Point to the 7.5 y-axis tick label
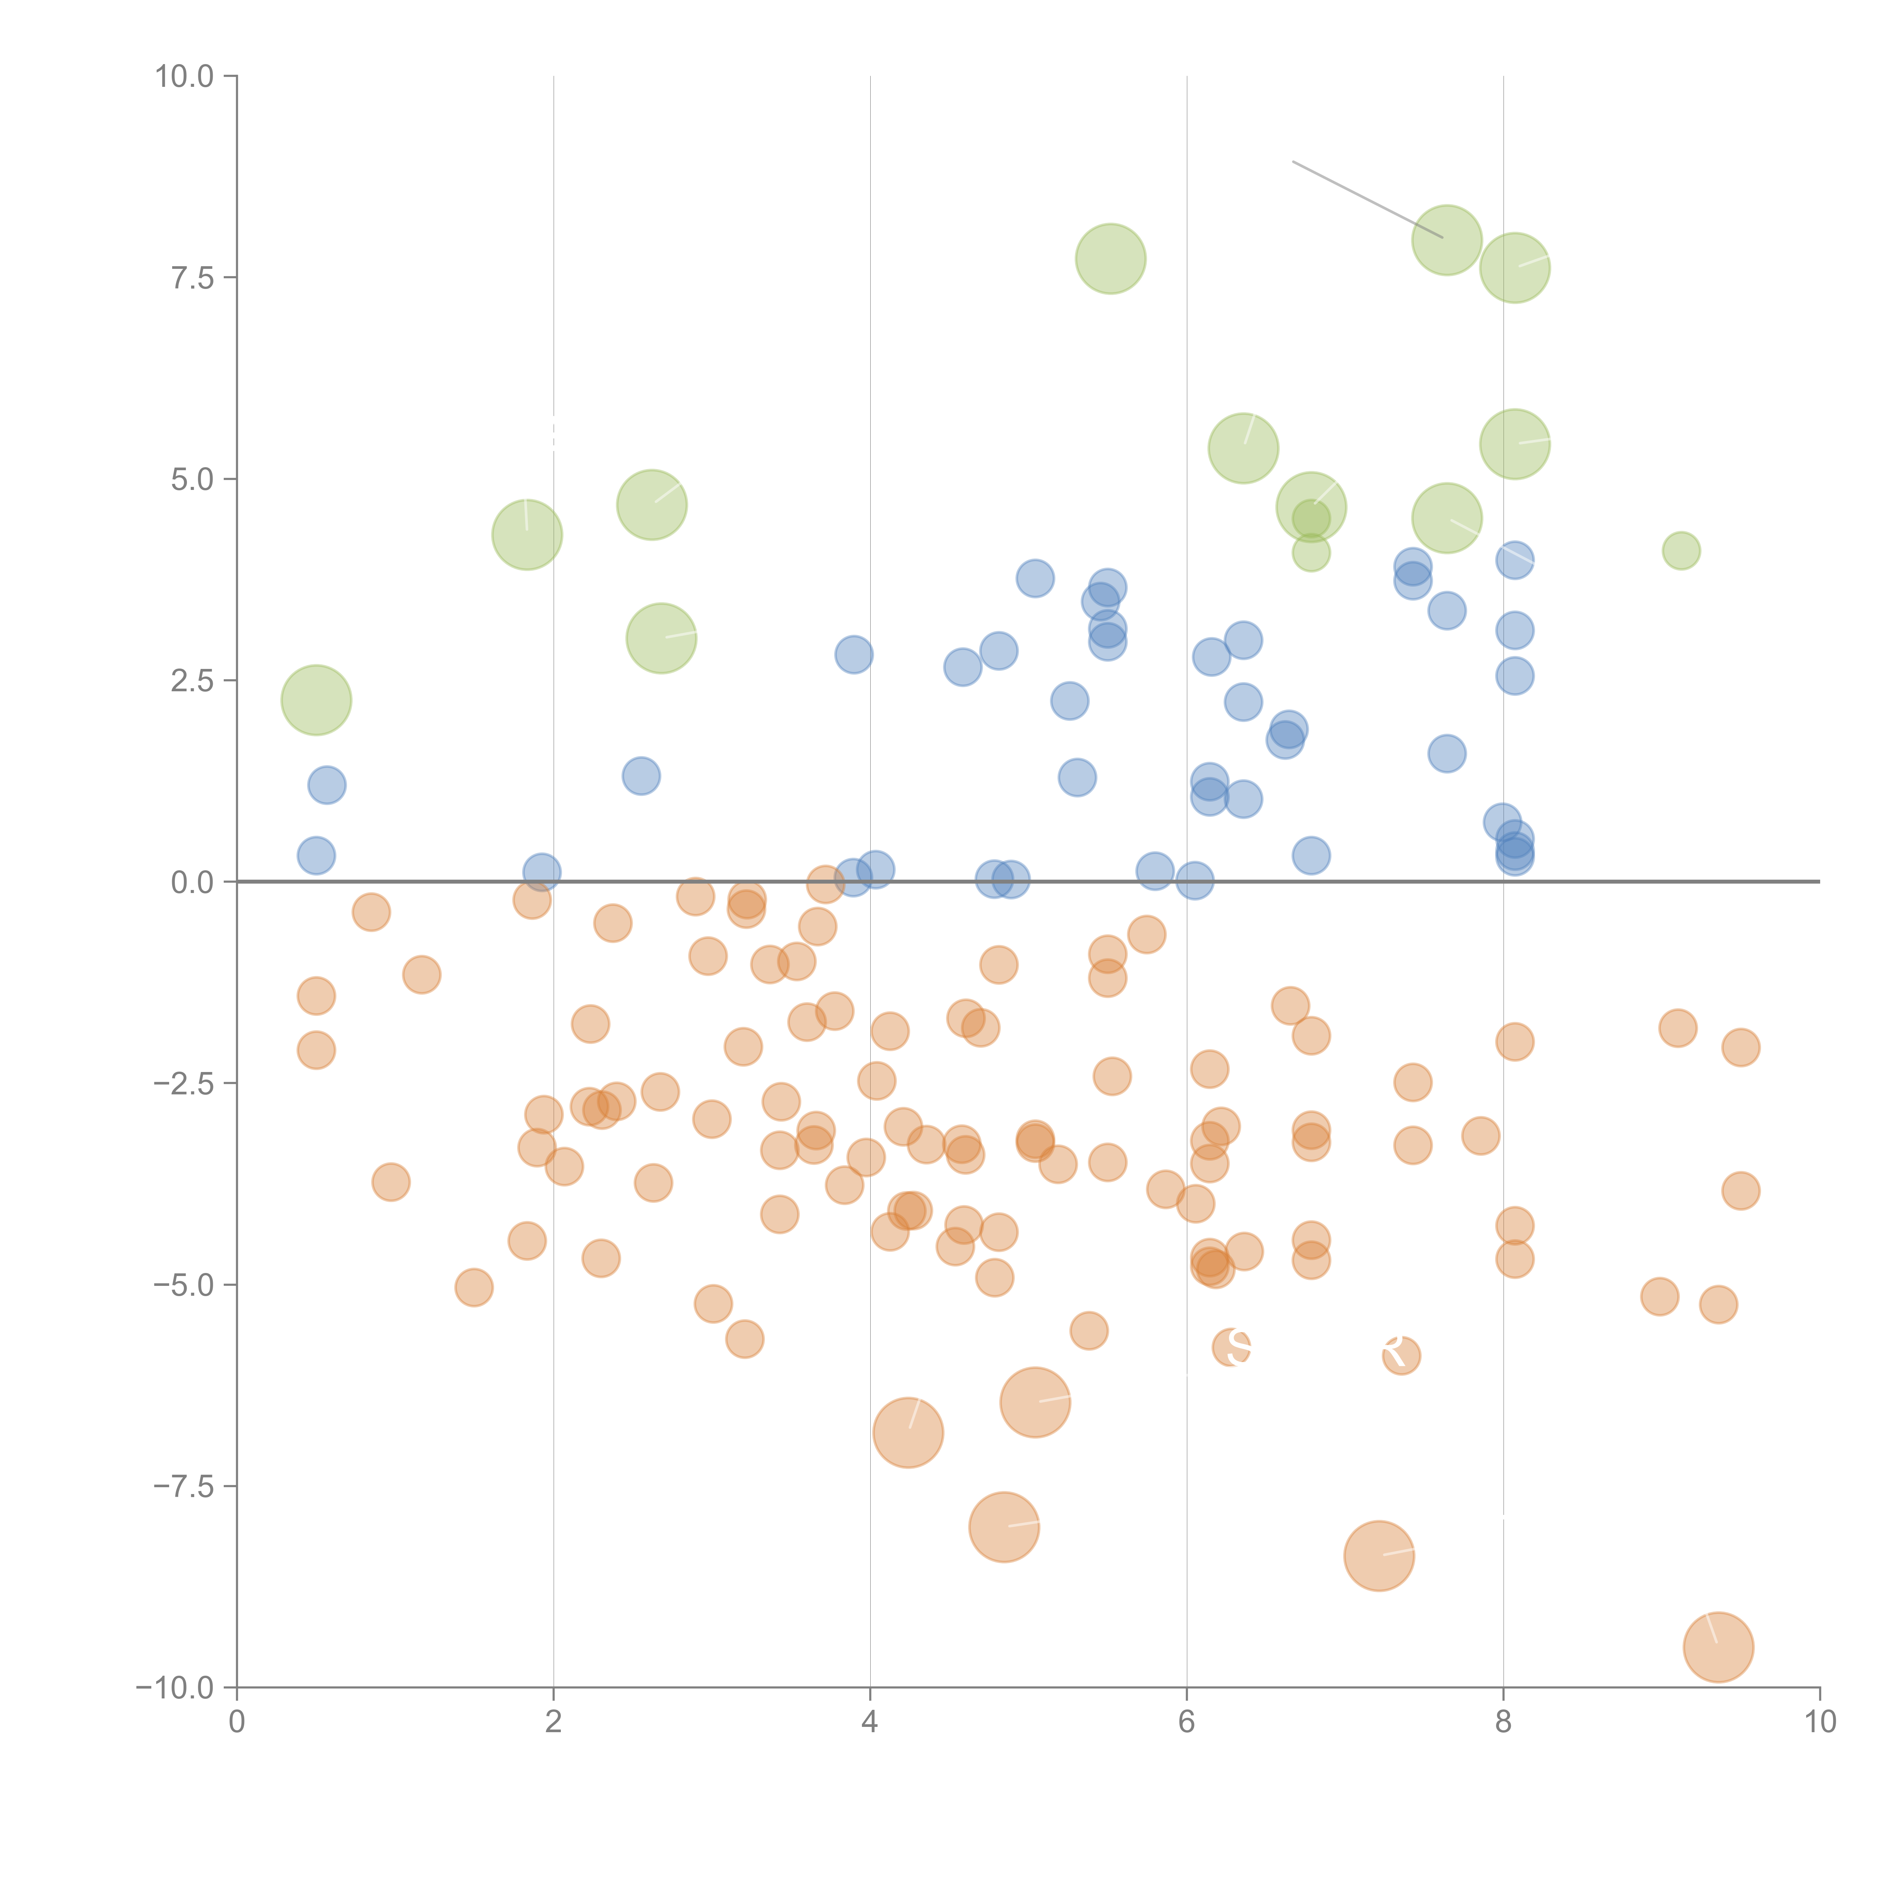coord(192,278)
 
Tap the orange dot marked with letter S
coord(1232,1347)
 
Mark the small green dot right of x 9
coord(1681,551)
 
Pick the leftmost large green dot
coord(316,700)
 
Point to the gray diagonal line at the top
coord(1367,199)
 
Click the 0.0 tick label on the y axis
coord(192,882)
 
